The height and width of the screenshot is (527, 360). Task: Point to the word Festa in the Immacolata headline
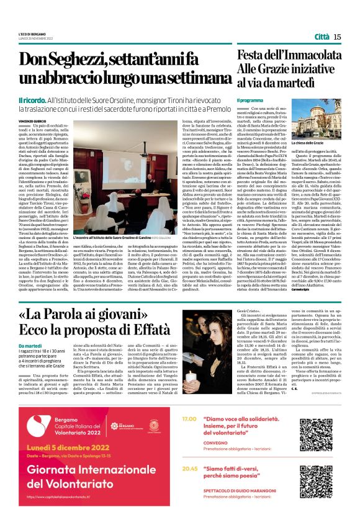click(x=256, y=56)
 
